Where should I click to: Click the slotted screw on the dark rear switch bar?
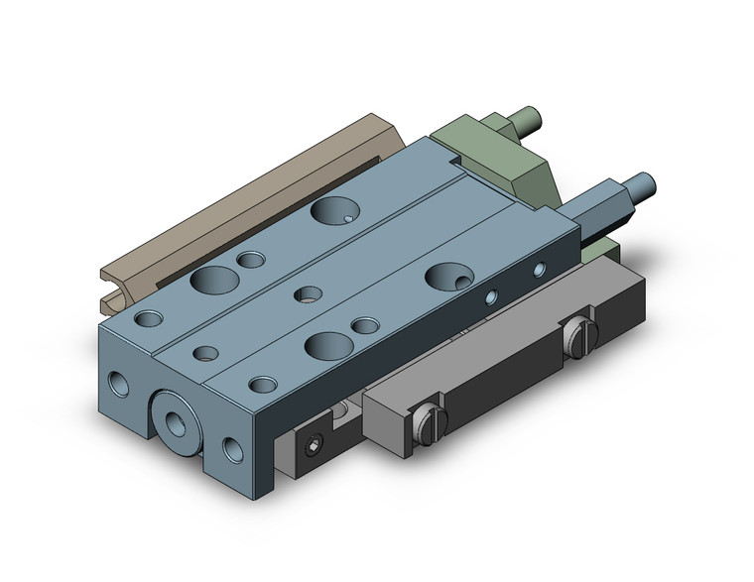pyautogui.click(x=580, y=340)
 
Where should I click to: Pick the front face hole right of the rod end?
pyautogui.click(x=232, y=449)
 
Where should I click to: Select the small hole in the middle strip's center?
pyautogui.click(x=309, y=293)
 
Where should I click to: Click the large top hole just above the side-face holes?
pyautogui.click(x=441, y=276)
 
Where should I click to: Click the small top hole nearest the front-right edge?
pyautogui.click(x=262, y=385)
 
